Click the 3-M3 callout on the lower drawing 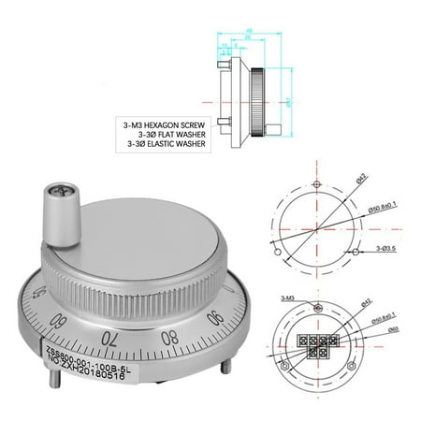tap(284, 297)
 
